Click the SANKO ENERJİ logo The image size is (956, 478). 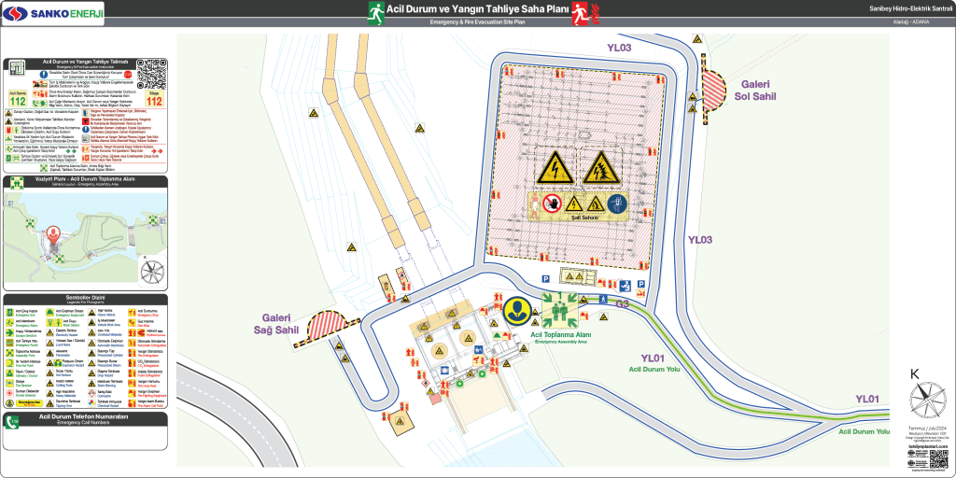pos(53,13)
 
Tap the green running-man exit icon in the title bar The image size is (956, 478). pos(375,12)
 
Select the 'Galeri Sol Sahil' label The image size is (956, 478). pos(755,90)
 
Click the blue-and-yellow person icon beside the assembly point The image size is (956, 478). pos(516,311)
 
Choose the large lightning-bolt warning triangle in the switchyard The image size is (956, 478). pos(555,168)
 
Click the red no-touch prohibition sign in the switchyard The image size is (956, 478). pos(552,203)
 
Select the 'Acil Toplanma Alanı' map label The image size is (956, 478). pos(560,334)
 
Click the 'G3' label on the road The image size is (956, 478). pos(623,303)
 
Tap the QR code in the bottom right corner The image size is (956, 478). pos(939,459)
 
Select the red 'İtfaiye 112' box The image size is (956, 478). pos(154,98)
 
